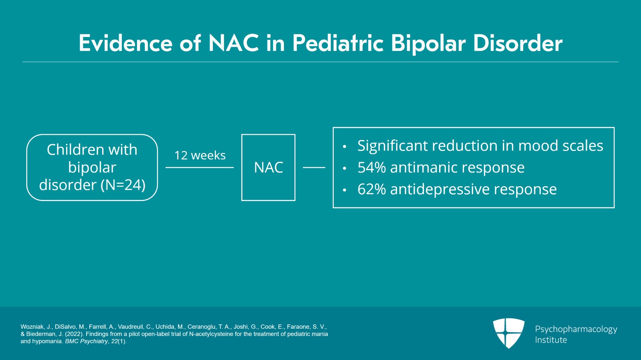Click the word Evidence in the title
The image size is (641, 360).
(x=125, y=43)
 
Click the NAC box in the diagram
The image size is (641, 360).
(x=268, y=167)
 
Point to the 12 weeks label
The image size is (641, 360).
(x=200, y=155)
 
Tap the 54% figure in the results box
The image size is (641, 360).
(x=371, y=167)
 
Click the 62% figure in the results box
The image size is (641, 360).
(x=371, y=189)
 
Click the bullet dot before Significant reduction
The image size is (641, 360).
(x=345, y=147)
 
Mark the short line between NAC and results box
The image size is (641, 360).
(x=314, y=167)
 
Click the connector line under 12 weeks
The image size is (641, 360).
(x=200, y=167)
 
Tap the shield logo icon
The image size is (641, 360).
(x=508, y=333)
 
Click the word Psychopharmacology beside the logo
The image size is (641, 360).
(x=576, y=329)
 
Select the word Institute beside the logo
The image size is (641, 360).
(x=551, y=340)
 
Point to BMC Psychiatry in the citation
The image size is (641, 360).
(x=87, y=341)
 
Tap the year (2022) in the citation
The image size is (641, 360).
(x=75, y=334)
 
